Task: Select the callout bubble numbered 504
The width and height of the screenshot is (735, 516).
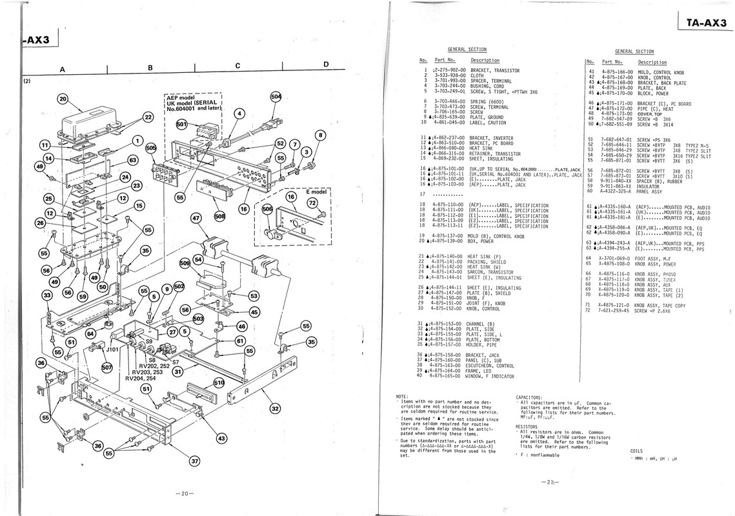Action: coord(276,97)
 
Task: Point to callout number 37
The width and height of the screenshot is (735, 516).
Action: coord(194,461)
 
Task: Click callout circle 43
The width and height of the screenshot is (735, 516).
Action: coord(221,438)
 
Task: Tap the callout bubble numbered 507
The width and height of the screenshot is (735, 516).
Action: coord(107,368)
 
